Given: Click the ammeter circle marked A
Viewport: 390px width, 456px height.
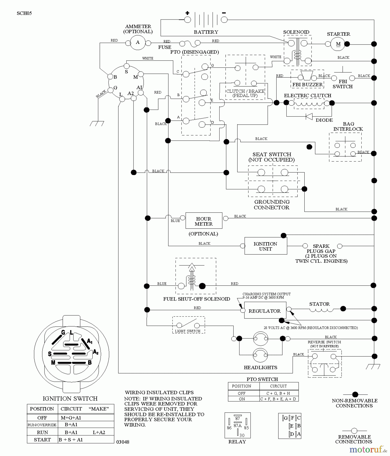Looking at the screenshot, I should [x=138, y=43].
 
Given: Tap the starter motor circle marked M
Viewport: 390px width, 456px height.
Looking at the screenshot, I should [x=338, y=44].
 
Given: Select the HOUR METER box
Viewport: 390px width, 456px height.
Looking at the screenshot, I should [x=204, y=221].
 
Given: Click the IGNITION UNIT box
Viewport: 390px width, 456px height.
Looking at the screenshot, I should [x=265, y=246].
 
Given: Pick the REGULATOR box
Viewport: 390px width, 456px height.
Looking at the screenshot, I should [x=265, y=311].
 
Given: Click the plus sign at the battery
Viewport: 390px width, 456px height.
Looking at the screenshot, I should [x=187, y=13].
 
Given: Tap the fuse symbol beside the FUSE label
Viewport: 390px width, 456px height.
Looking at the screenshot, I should [x=190, y=44].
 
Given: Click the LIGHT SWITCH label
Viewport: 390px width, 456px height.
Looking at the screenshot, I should [x=188, y=331].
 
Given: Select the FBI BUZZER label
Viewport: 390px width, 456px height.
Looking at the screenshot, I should [x=307, y=85].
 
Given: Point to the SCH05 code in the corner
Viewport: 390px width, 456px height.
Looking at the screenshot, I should [x=24, y=13].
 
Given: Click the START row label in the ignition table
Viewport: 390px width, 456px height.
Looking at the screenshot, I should [x=42, y=440].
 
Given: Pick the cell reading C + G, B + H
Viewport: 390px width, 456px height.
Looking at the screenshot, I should [x=278, y=393].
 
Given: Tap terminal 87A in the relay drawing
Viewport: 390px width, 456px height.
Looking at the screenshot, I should [x=238, y=426].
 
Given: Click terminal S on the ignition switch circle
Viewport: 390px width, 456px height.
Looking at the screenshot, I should [x=126, y=67].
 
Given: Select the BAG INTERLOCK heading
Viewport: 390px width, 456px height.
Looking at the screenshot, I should [x=348, y=126].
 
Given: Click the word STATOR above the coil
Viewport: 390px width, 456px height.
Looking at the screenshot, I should [x=319, y=304].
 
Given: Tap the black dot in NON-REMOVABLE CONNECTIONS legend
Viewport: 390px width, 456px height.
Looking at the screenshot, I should [x=355, y=394].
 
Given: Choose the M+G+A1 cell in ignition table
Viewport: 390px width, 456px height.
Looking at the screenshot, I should [x=71, y=418].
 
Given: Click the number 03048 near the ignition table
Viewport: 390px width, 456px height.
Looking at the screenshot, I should [x=123, y=442].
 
